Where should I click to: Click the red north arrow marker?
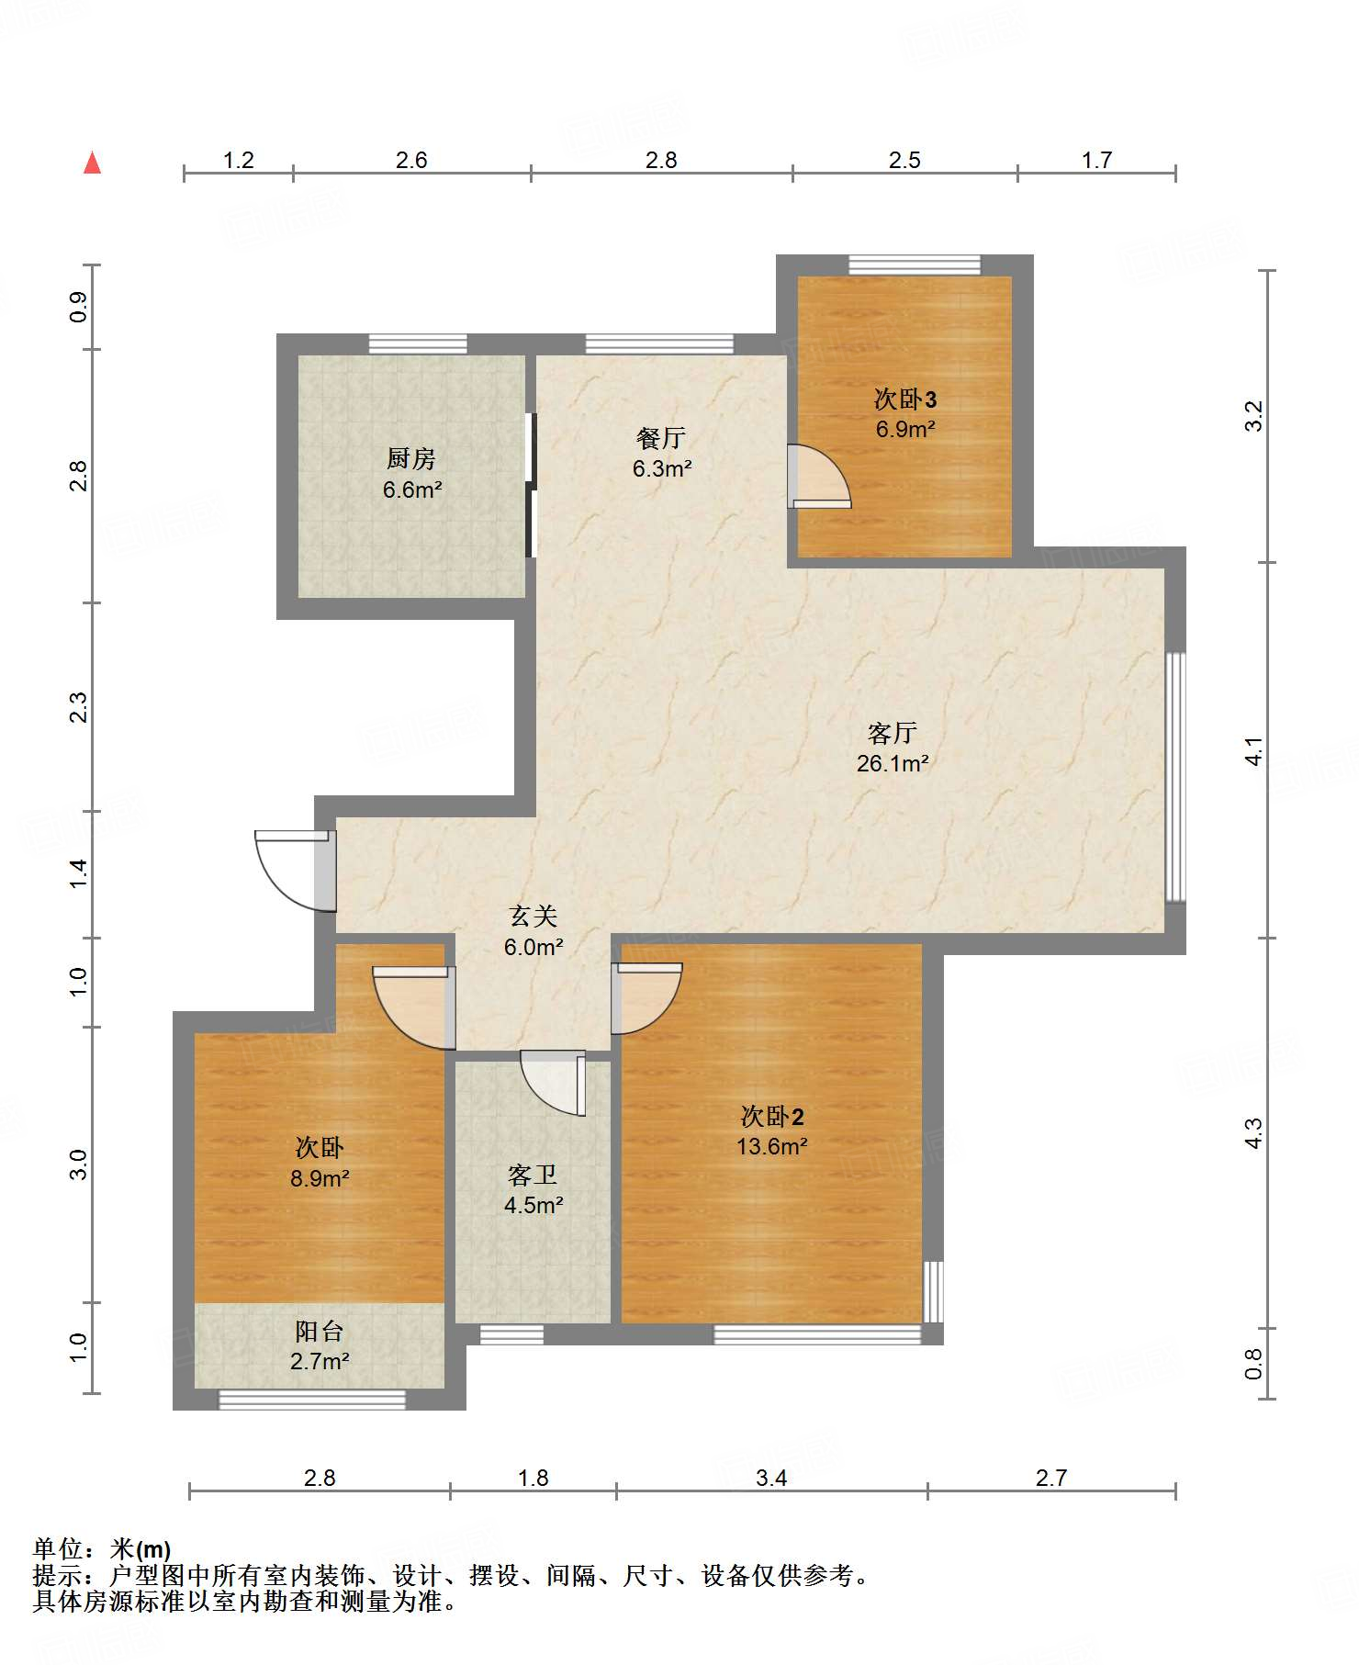pyautogui.click(x=92, y=163)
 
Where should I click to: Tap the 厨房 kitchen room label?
pyautogui.click(x=410, y=457)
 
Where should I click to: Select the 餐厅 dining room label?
pyautogui.click(x=660, y=437)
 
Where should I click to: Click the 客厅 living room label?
pyautogui.click(x=892, y=732)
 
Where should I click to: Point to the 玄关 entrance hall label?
pyautogui.click(x=533, y=916)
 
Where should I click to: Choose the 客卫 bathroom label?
pyautogui.click(x=533, y=1175)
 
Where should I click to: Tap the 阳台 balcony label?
pyautogui.click(x=320, y=1331)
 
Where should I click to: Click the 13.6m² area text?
pyautogui.click(x=771, y=1146)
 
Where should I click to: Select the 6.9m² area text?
pyautogui.click(x=904, y=429)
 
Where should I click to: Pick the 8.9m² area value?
pyautogui.click(x=320, y=1177)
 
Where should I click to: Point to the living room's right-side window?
pyautogui.click(x=1175, y=777)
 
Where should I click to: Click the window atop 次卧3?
pyautogui.click(x=914, y=264)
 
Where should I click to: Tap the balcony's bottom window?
pyautogui.click(x=311, y=1400)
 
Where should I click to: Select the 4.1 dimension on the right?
pyautogui.click(x=1253, y=751)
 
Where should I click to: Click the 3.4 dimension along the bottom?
pyautogui.click(x=771, y=1478)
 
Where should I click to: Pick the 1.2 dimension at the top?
pyautogui.click(x=239, y=160)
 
